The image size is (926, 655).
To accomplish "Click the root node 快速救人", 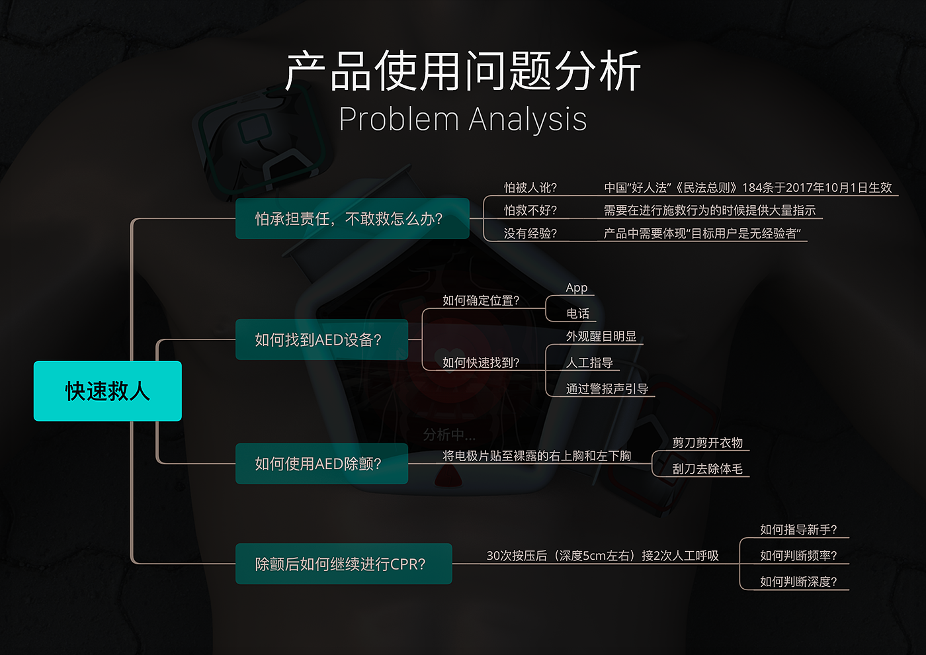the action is click(x=107, y=391).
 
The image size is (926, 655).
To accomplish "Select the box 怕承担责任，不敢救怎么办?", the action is click(x=352, y=218).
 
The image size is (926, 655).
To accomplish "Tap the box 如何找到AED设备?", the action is click(x=321, y=339).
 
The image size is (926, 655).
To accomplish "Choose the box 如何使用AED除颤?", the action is click(x=321, y=464).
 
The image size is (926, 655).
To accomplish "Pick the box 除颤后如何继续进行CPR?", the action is click(x=343, y=564).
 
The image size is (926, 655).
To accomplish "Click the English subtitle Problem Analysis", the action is click(x=462, y=120).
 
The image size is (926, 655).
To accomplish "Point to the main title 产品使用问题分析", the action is click(x=462, y=71).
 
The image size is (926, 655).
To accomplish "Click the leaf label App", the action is click(x=577, y=288).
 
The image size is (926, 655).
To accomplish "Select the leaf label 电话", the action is click(x=577, y=314).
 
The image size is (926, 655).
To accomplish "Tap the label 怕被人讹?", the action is click(x=530, y=188).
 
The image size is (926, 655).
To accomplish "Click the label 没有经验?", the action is click(x=530, y=234).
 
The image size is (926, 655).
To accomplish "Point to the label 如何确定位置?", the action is click(x=481, y=300).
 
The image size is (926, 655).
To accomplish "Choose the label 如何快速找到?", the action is click(x=481, y=363).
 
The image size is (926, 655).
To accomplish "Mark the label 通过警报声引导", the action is click(x=607, y=389).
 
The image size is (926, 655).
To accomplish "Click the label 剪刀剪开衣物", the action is click(x=707, y=443).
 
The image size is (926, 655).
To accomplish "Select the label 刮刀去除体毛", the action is click(x=707, y=469).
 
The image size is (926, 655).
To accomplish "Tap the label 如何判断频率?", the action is click(x=798, y=556).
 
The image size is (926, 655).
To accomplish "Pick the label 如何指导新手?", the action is click(x=798, y=529).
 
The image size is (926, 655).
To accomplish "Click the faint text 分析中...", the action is click(x=449, y=435).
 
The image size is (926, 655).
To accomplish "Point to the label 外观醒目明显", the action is click(x=601, y=336).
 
